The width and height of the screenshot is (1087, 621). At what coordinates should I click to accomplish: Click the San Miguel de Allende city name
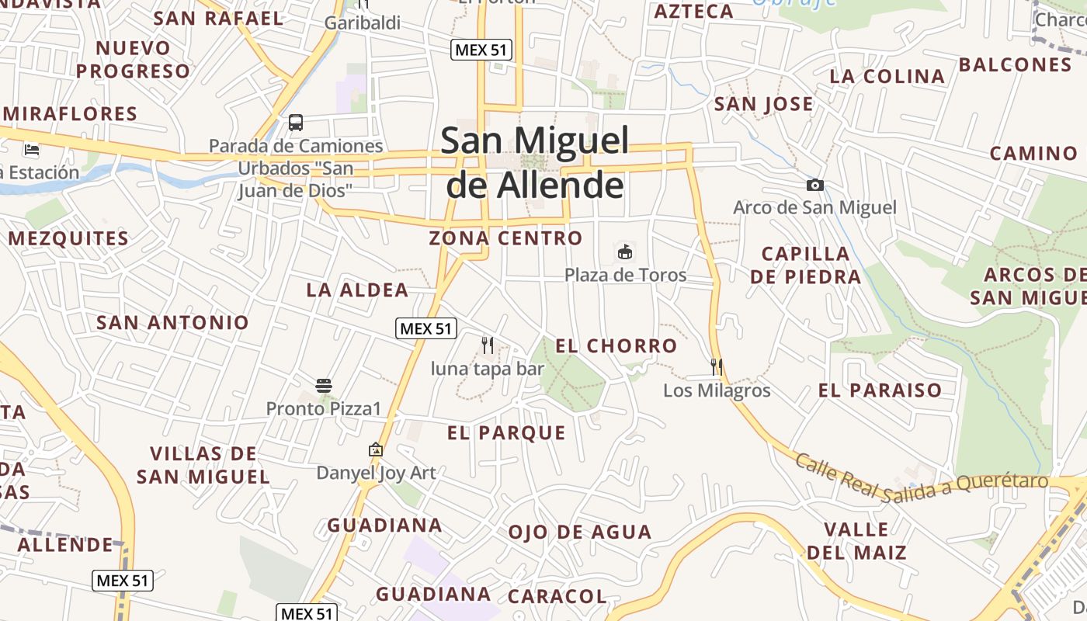[535, 162]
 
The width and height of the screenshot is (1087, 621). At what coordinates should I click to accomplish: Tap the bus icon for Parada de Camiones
[296, 122]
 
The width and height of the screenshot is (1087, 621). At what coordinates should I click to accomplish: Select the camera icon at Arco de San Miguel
[815, 185]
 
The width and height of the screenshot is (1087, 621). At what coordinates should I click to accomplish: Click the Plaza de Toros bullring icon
[625, 252]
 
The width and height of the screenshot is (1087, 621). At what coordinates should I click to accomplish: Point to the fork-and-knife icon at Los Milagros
[716, 366]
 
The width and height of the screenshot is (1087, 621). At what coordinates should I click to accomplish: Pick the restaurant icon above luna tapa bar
[488, 345]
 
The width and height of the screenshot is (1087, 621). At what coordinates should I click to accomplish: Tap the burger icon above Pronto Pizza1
[324, 385]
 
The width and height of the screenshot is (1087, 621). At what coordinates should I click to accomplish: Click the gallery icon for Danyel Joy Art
[376, 449]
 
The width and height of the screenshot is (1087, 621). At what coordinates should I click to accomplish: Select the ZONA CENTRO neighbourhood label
[505, 238]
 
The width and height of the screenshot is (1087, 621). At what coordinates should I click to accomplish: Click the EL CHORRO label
[616, 346]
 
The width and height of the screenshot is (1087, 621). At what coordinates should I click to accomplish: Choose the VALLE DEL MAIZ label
[856, 541]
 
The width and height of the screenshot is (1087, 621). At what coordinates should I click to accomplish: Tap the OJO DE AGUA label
[579, 533]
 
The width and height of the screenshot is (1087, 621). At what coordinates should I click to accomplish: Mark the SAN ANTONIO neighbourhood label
[172, 322]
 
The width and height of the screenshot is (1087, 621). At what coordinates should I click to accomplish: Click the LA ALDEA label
[357, 290]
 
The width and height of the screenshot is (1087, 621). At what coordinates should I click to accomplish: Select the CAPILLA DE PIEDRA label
[806, 265]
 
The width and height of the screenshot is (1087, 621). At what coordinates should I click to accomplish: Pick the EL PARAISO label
[880, 390]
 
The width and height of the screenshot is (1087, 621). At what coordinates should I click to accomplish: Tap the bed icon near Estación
[32, 149]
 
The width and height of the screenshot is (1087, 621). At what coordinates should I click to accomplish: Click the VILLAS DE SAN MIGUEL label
[203, 465]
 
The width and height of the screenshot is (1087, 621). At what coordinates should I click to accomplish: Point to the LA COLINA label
[887, 77]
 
